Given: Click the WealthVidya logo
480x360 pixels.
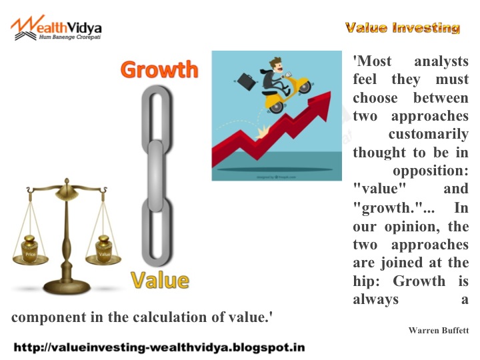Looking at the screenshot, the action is point(56,28).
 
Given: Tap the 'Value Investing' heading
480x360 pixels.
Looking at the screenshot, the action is point(402,28).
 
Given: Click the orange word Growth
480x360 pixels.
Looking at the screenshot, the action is point(159,69).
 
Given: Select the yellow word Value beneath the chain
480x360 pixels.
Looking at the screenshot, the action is point(160,280).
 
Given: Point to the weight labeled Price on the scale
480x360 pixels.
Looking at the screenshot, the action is point(30,248).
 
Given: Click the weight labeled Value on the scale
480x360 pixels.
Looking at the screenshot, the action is point(104,248).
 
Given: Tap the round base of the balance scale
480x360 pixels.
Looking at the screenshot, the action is point(67,287).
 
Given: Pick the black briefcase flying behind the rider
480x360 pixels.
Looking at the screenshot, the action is point(246,81).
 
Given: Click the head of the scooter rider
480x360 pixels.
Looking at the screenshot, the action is point(277,65).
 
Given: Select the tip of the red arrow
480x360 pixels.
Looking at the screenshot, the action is point(331,91).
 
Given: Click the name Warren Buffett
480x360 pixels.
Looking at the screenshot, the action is point(439,330).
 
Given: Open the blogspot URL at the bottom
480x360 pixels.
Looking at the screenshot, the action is point(159,347).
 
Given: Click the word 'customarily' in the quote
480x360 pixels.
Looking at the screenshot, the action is point(429,134).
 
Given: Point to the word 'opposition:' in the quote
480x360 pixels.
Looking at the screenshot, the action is point(431,171).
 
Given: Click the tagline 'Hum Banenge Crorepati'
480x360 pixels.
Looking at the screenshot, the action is point(70,37).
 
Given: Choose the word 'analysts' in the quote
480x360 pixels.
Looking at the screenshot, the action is point(441,61).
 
